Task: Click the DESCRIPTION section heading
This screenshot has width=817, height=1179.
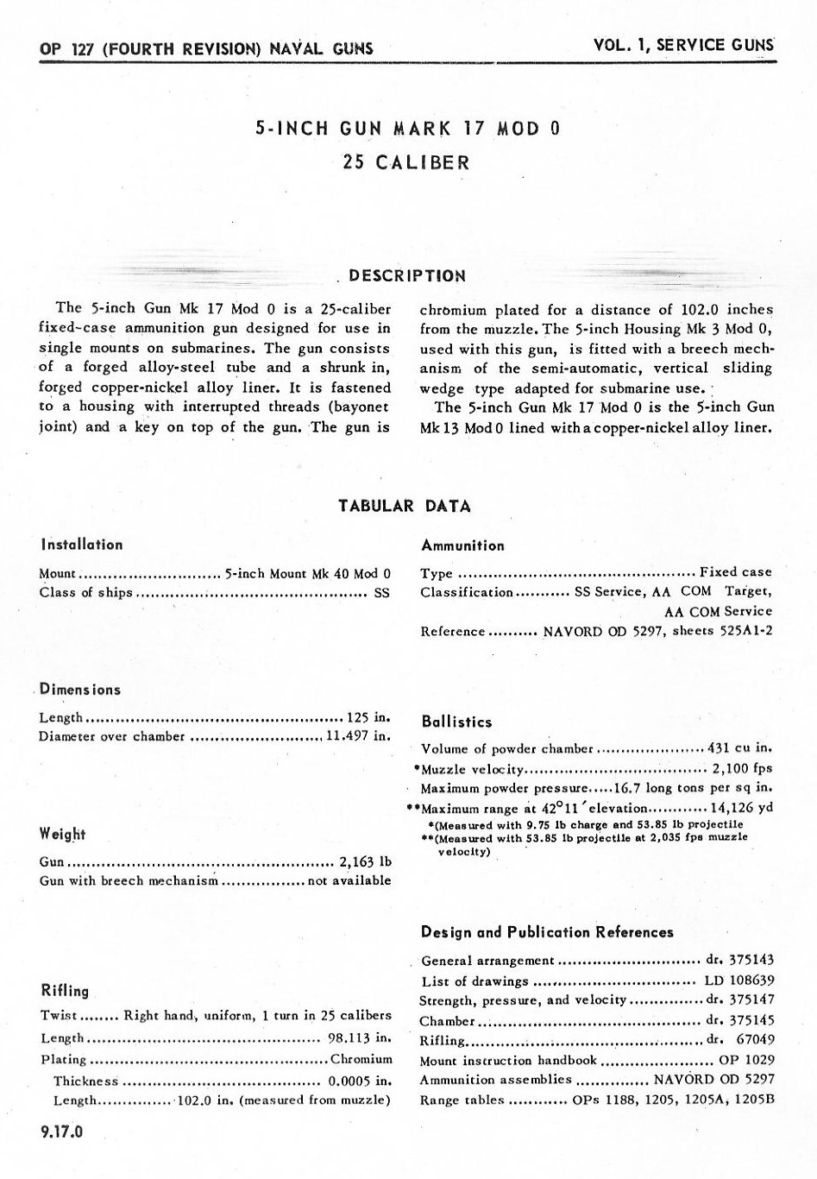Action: tap(407, 276)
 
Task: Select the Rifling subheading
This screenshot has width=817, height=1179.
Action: tap(65, 991)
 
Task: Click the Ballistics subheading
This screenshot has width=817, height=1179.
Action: tap(456, 722)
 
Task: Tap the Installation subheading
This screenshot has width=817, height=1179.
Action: tap(81, 545)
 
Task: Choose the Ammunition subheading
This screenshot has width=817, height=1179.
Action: tap(462, 545)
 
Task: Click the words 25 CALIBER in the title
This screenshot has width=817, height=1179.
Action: tap(406, 162)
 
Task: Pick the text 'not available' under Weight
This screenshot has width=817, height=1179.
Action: tap(349, 880)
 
